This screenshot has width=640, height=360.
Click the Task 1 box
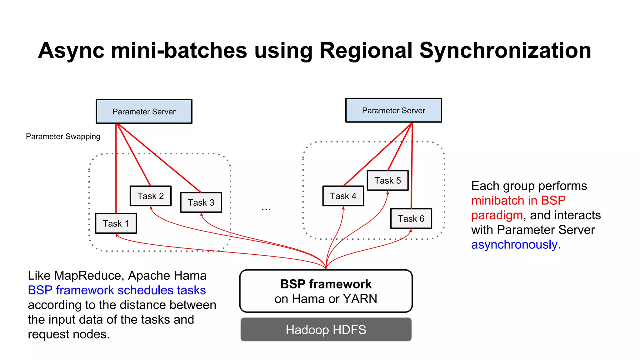point(116,223)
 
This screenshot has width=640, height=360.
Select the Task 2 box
point(151,196)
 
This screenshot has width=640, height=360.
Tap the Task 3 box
point(201,202)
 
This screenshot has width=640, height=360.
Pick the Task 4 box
point(343,196)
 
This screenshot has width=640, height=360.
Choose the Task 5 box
point(387,180)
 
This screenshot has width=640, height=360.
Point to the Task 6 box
point(411,218)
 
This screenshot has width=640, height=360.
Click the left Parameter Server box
point(144,112)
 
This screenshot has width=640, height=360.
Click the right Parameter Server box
point(393,110)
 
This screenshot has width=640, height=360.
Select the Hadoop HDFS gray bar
point(326,330)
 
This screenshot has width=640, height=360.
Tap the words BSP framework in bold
point(326,284)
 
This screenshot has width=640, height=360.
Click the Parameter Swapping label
point(63,137)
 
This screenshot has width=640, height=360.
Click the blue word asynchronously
point(514,244)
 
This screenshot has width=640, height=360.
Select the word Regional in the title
point(366,51)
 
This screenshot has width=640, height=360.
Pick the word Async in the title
point(71,51)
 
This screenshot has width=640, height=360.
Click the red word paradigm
point(497,215)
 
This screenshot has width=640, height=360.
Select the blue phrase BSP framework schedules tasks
point(117,290)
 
